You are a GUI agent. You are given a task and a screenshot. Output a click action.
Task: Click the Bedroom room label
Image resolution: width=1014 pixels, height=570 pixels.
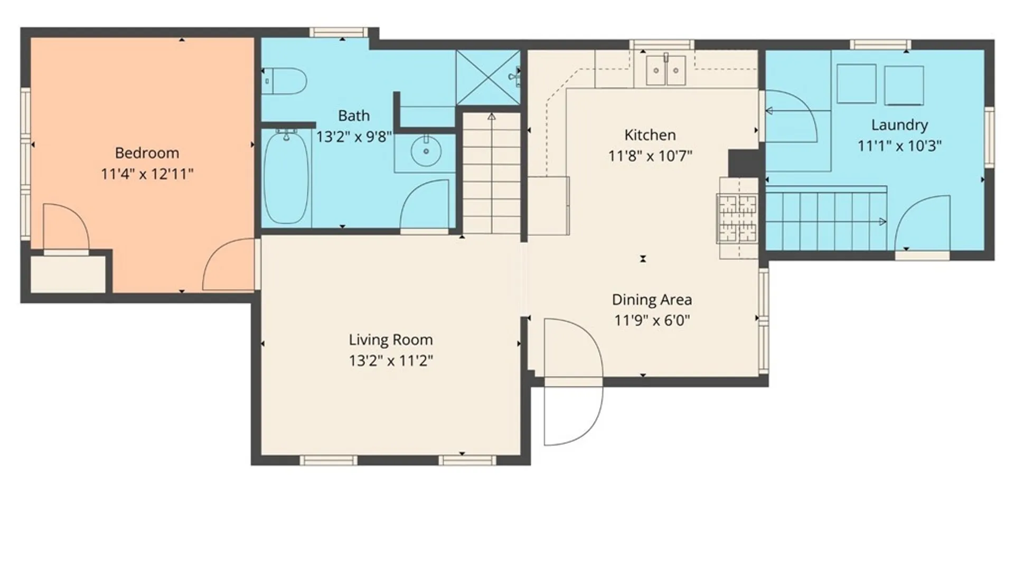pyautogui.click(x=147, y=153)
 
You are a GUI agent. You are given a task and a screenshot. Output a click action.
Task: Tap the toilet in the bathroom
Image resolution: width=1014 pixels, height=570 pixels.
pyautogui.click(x=284, y=81)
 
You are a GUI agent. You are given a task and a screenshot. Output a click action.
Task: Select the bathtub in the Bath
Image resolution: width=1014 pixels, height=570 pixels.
pyautogui.click(x=286, y=177)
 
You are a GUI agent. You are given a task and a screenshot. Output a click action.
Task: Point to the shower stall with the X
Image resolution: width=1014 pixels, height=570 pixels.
pyautogui.click(x=489, y=78)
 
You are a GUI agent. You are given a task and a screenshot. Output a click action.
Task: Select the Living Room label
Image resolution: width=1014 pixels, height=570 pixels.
pyautogui.click(x=391, y=340)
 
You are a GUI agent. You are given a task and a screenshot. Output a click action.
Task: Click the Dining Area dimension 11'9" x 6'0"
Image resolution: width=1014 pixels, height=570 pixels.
pyautogui.click(x=652, y=320)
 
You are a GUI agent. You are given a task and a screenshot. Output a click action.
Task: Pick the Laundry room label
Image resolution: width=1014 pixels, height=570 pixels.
pyautogui.click(x=899, y=125)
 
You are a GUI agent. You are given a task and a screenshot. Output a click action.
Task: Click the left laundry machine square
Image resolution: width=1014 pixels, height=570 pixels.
pyautogui.click(x=857, y=83)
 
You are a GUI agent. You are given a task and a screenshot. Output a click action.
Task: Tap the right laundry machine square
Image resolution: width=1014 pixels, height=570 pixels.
pyautogui.click(x=904, y=85)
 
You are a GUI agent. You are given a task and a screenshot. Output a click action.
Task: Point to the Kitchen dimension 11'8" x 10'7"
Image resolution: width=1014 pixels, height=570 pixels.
pyautogui.click(x=650, y=156)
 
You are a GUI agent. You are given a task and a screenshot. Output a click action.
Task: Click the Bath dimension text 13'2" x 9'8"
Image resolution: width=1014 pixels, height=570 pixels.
pyautogui.click(x=354, y=137)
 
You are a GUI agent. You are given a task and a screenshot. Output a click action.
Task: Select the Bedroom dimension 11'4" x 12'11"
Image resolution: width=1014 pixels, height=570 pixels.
pyautogui.click(x=147, y=174)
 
